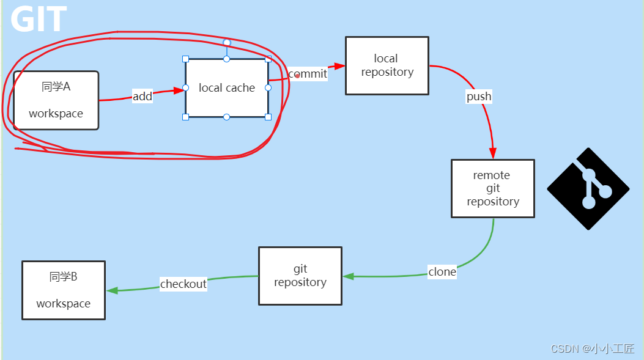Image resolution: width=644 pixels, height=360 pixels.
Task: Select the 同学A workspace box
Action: click(56, 100)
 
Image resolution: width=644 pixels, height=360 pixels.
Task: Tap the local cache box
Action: click(227, 88)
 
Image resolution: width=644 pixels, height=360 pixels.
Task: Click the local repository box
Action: click(387, 65)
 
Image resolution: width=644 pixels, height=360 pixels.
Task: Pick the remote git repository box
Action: click(492, 188)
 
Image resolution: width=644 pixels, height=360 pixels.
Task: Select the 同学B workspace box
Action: click(64, 290)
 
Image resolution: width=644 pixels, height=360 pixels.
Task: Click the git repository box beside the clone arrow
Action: click(300, 276)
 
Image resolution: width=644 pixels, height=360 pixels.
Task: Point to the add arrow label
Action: click(142, 96)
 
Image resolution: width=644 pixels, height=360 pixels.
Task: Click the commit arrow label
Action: click(308, 74)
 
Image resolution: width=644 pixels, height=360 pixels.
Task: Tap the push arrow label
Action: click(479, 97)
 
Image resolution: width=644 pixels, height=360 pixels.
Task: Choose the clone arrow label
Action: click(442, 272)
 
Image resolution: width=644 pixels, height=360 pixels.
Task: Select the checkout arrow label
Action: click(183, 284)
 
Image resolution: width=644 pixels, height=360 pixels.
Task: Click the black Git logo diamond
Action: click(588, 189)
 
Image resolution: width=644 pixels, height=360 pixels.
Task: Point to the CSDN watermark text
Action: click(592, 348)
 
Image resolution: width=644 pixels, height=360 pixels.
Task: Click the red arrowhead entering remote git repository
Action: click(493, 153)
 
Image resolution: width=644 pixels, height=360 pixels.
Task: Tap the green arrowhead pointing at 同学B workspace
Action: click(112, 291)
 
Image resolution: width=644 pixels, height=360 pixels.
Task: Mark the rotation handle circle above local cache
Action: click(226, 43)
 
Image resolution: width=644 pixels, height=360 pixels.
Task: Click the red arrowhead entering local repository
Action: click(340, 66)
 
